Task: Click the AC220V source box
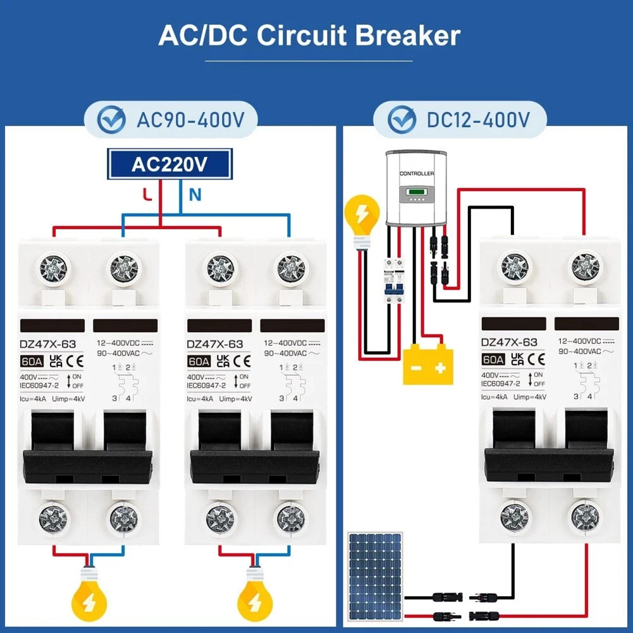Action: pos(169,164)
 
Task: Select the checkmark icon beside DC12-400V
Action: pos(402,120)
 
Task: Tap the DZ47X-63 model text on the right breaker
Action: pos(509,342)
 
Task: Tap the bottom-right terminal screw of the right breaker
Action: pos(584,517)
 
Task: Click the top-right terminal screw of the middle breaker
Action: pos(289,268)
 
